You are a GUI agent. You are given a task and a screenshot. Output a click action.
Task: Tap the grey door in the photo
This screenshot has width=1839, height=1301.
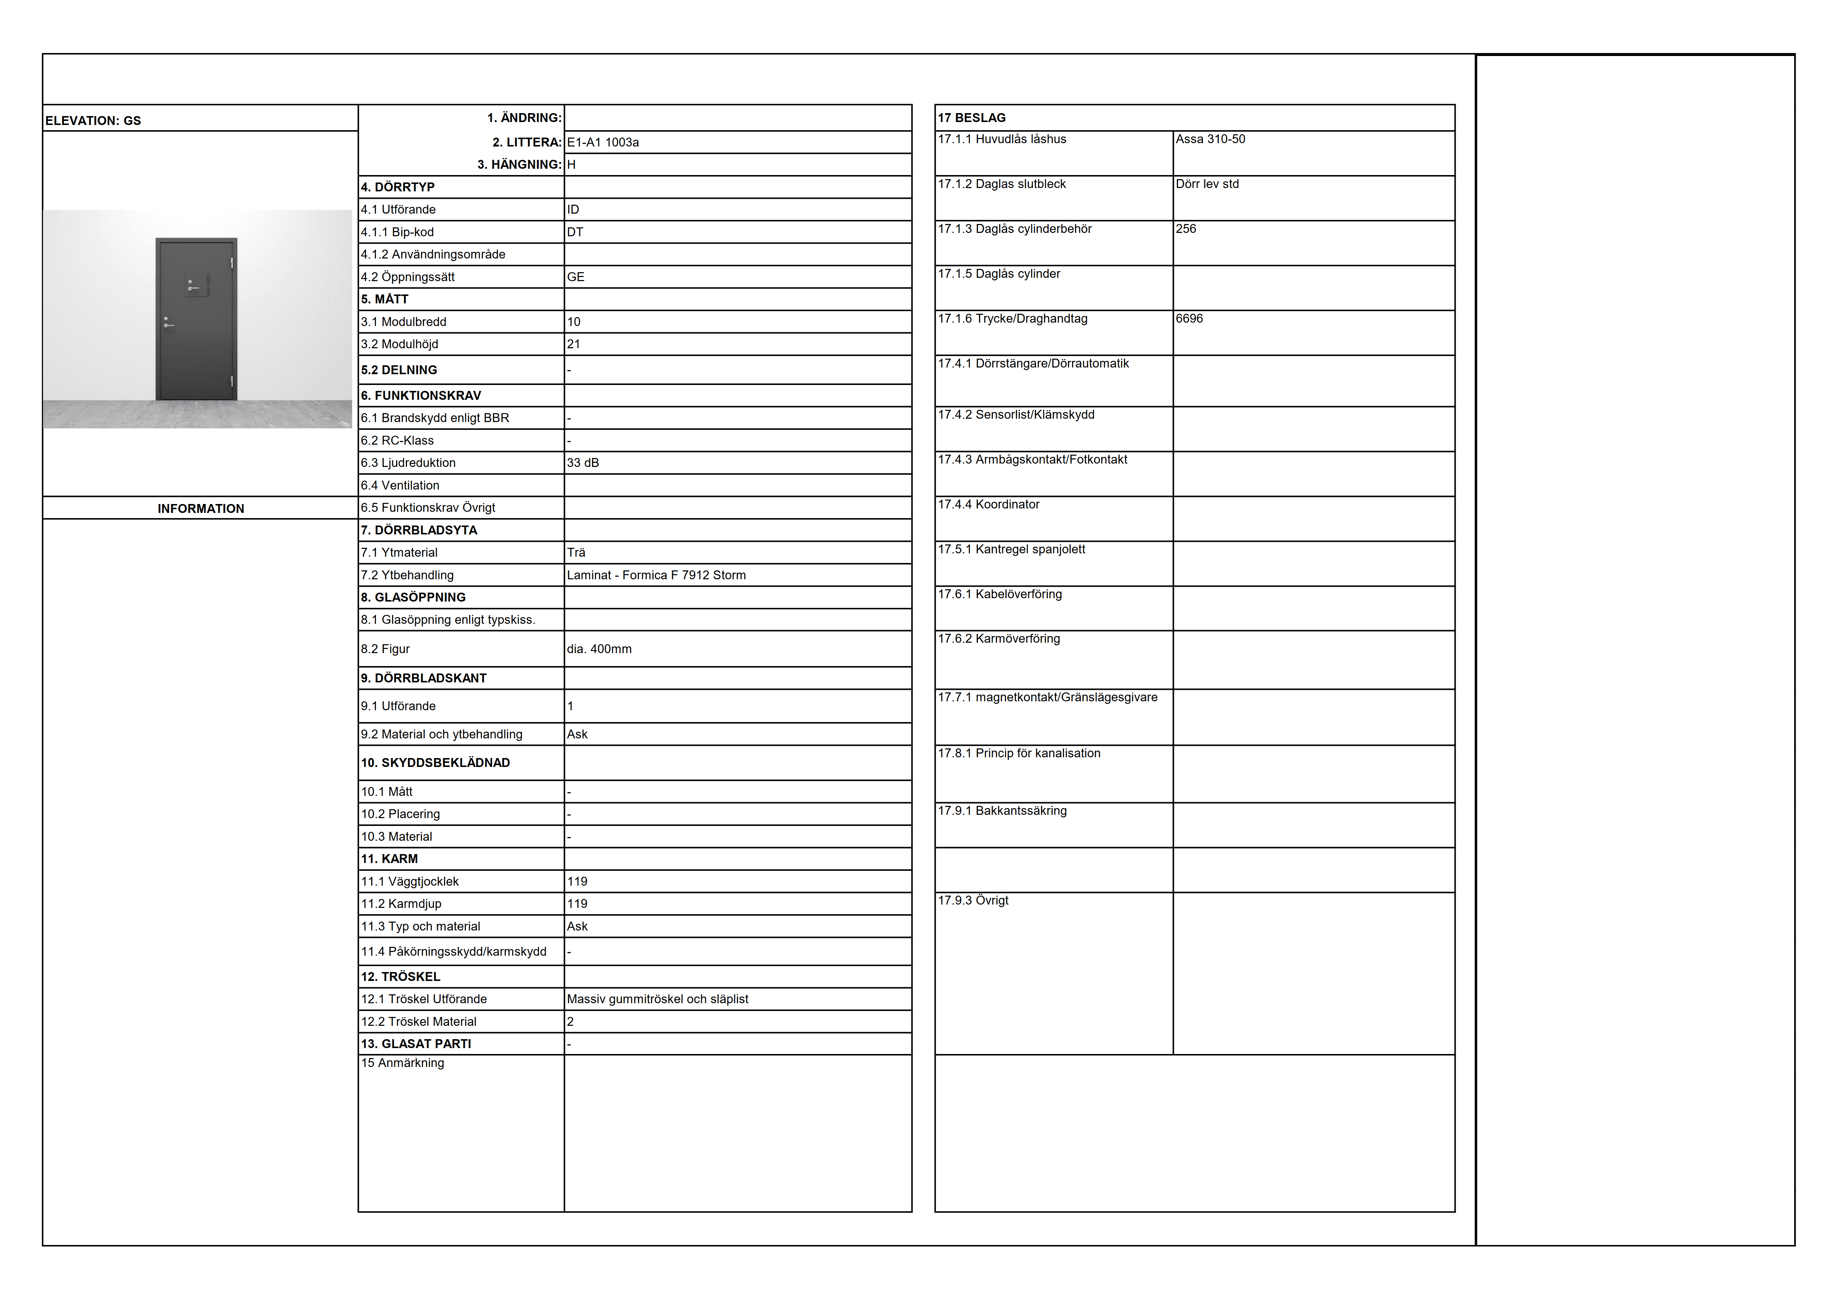click(x=196, y=319)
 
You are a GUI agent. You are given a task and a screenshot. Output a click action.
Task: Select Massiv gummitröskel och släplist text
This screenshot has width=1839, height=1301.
click(x=658, y=999)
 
